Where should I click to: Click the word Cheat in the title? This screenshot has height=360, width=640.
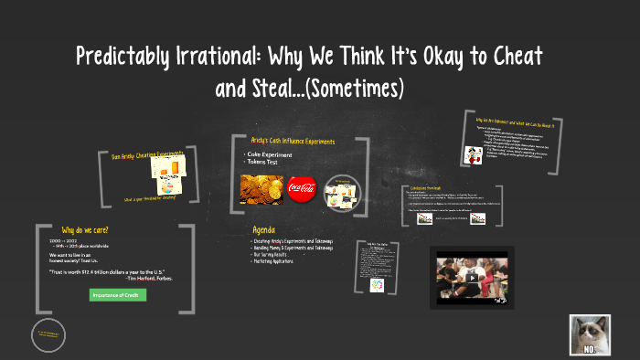(x=514, y=58)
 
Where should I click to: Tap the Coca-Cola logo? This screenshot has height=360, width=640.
(x=302, y=189)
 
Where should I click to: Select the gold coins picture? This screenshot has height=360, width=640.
(x=261, y=188)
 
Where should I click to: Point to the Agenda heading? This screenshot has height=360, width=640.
(x=263, y=229)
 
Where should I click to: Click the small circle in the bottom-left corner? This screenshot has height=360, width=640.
(x=48, y=335)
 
